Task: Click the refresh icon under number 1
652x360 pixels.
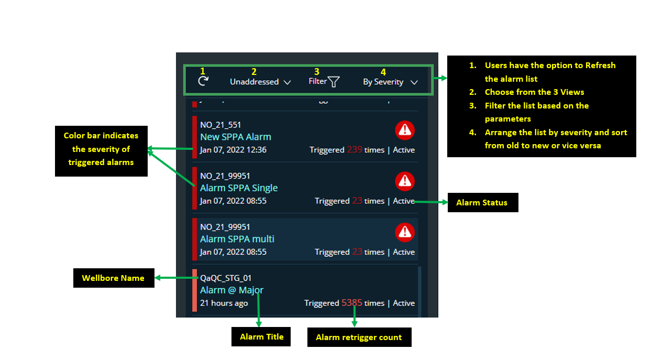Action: pyautogui.click(x=203, y=81)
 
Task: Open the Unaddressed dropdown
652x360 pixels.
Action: pyautogui.click(x=260, y=82)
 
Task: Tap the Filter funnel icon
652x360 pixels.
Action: pyautogui.click(x=334, y=82)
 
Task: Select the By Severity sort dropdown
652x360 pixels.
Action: pyautogui.click(x=390, y=82)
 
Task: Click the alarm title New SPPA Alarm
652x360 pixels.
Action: pyautogui.click(x=235, y=137)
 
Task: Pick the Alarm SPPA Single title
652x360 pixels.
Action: pyautogui.click(x=239, y=188)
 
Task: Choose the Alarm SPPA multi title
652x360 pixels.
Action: pyautogui.click(x=237, y=239)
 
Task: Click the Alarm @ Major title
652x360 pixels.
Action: pyautogui.click(x=231, y=290)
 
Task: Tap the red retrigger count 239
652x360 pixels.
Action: pyautogui.click(x=355, y=149)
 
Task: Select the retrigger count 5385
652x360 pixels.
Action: pyautogui.click(x=352, y=303)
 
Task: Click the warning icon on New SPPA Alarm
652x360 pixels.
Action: pyautogui.click(x=404, y=130)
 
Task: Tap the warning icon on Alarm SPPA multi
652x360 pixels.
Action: pyautogui.click(x=404, y=232)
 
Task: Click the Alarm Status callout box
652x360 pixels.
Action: pyautogui.click(x=482, y=203)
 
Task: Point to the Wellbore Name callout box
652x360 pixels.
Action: pyautogui.click(x=114, y=278)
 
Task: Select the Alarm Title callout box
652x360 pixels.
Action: pyautogui.click(x=261, y=337)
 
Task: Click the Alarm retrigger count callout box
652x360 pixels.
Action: pyautogui.click(x=359, y=337)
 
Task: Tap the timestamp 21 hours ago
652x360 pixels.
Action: pyautogui.click(x=224, y=303)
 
